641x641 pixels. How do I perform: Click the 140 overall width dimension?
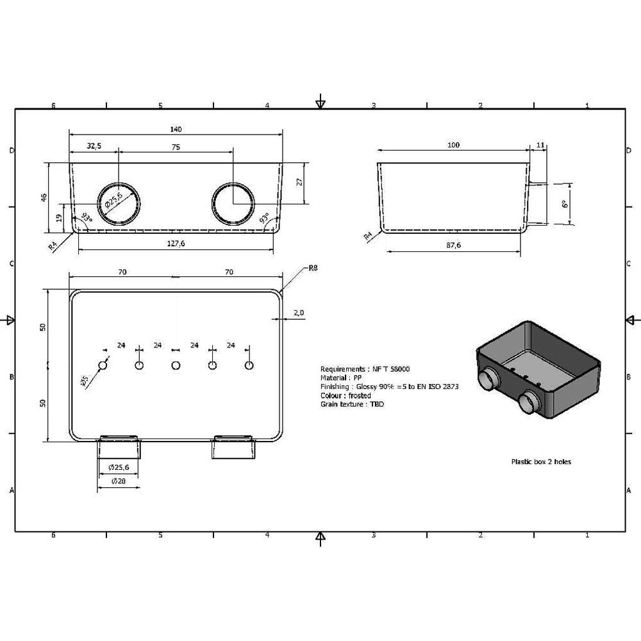pos(176,129)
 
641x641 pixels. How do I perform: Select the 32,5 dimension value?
pos(94,146)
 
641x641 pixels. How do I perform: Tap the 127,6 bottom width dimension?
pos(176,243)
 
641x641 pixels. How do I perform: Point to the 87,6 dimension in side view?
pos(453,245)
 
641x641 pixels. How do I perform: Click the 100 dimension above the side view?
pos(453,145)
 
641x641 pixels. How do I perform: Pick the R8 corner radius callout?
pos(313,268)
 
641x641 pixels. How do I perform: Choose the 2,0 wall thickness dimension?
pos(299,313)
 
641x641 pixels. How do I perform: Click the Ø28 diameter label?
pos(119,481)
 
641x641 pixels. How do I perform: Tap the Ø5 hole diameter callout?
pos(84,381)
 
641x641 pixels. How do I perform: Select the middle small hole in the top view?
pos(176,365)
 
